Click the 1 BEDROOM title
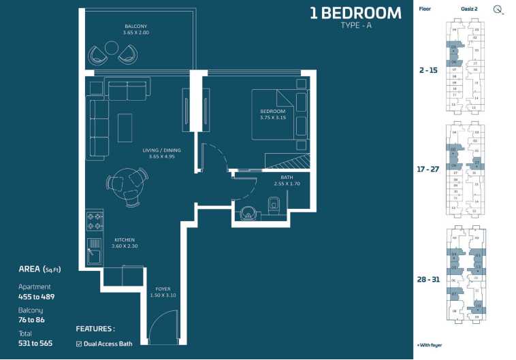pos(355,12)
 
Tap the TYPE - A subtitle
pos(355,26)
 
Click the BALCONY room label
pos(135,27)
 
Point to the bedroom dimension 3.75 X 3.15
pos(272,117)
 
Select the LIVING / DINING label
pos(162,150)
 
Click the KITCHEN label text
pos(125,240)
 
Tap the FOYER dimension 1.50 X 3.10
pos(163,295)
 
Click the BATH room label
pos(287,177)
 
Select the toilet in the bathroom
pos(274,203)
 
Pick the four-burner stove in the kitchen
pos(95,220)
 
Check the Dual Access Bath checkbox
pos(79,344)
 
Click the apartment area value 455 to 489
pos(36,297)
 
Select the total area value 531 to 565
pos(35,343)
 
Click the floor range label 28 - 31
pos(429,279)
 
